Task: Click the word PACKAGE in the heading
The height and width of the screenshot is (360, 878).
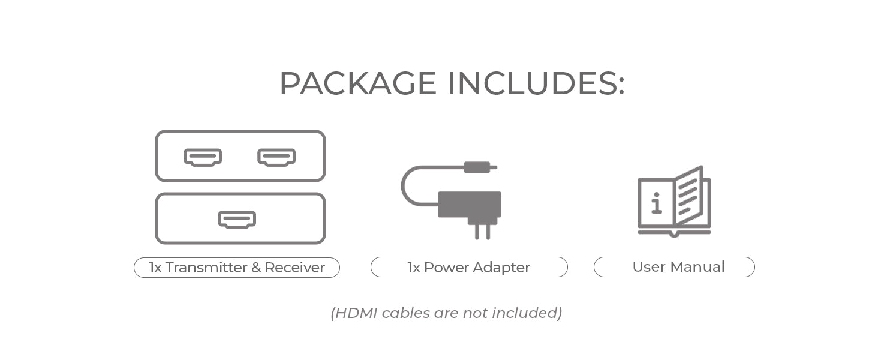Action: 358,83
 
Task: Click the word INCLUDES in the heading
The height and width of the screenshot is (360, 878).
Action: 536,83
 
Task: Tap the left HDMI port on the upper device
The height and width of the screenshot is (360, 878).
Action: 203,157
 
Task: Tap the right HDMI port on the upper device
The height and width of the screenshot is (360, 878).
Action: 276,157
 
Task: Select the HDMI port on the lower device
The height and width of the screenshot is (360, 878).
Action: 237,220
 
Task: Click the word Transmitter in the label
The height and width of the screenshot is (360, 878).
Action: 206,268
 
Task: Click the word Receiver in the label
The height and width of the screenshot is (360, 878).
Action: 294,268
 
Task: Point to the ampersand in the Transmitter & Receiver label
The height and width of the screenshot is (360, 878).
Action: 256,268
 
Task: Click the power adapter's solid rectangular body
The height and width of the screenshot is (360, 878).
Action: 470,204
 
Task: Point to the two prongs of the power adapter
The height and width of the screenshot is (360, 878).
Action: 482,232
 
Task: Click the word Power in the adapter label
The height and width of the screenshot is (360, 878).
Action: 446,268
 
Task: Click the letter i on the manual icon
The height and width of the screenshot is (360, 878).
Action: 657,203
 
